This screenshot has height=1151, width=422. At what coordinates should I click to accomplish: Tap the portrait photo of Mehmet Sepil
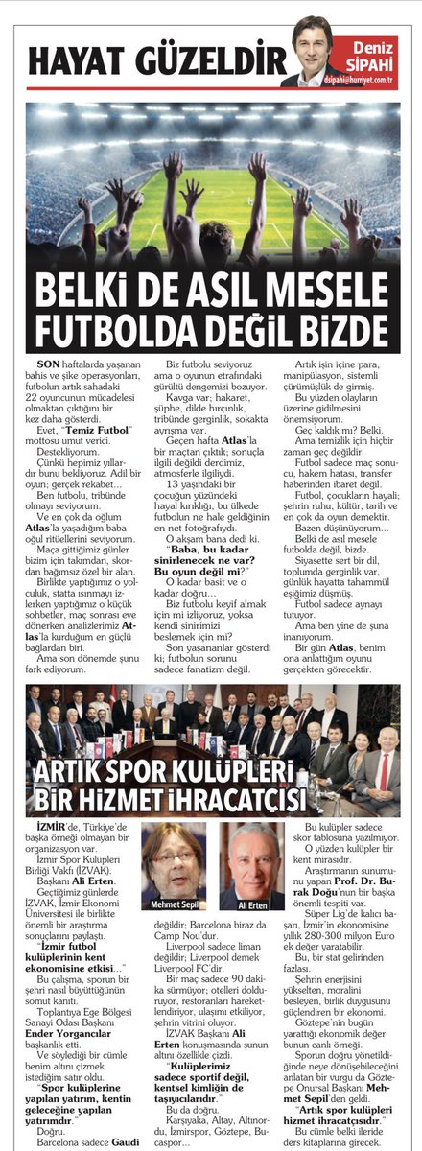[174, 862]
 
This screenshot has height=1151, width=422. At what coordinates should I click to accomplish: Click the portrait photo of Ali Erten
[252, 862]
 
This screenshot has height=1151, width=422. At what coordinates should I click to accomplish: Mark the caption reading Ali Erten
[252, 904]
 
